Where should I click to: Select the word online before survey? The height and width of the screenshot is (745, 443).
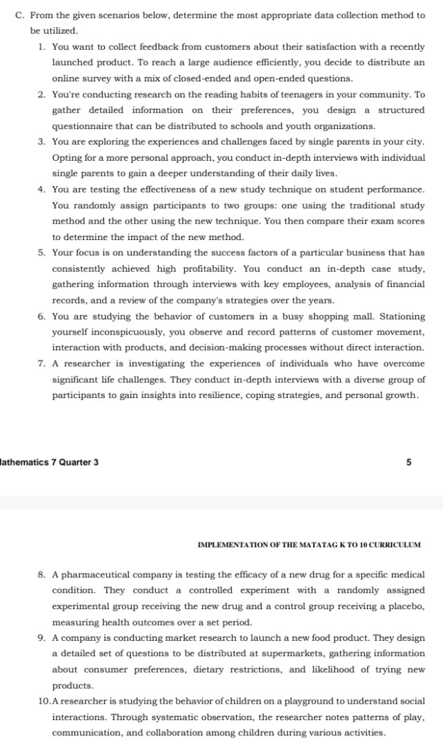pyautogui.click(x=68, y=79)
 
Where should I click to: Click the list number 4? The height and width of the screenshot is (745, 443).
pyautogui.click(x=42, y=189)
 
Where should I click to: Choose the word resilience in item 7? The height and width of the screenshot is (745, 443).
pyautogui.click(x=233, y=395)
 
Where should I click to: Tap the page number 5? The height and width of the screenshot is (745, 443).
pyautogui.click(x=408, y=462)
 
